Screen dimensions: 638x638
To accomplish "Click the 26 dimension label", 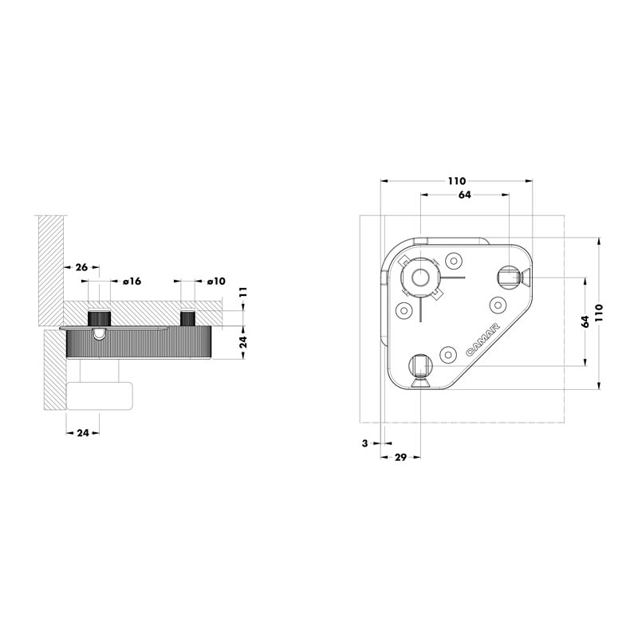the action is (x=81, y=267).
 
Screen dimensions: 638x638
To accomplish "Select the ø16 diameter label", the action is (x=132, y=282).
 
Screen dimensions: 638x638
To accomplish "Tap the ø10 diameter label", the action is (x=216, y=282).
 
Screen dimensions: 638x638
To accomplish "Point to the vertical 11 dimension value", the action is (x=243, y=292).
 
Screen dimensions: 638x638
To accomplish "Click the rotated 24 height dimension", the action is (x=243, y=342).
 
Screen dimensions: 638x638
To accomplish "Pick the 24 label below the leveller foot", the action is (x=83, y=433).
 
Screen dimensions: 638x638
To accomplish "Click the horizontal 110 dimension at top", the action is (x=456, y=181).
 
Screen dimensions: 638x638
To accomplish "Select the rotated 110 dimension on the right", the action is (x=598, y=312).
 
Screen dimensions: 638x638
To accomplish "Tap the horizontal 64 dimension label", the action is (x=465, y=195).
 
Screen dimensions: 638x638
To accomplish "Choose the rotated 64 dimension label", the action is (x=585, y=321).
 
